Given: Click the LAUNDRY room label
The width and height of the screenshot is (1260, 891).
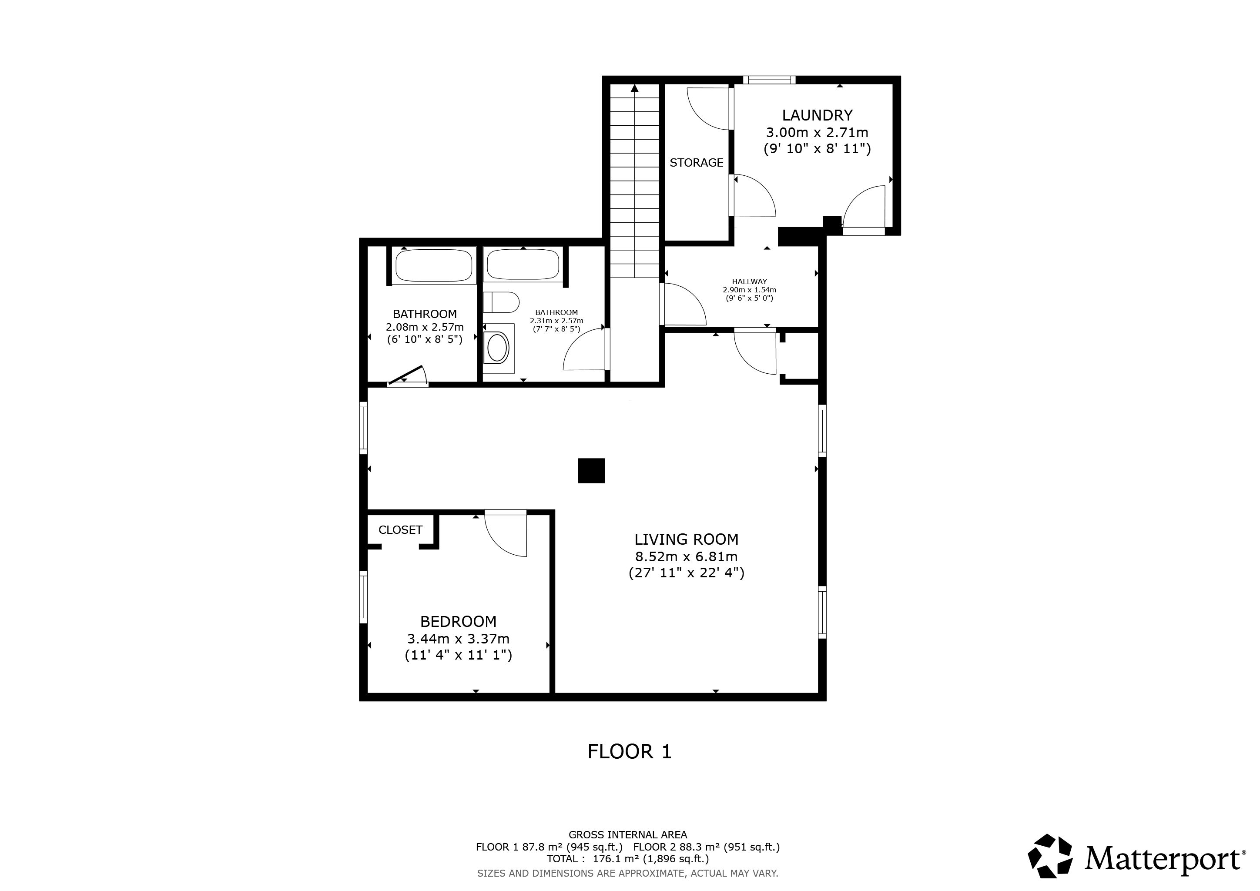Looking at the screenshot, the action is (817, 115).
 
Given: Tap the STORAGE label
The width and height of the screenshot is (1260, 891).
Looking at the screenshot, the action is (697, 162).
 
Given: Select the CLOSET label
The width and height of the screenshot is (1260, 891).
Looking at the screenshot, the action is (400, 529).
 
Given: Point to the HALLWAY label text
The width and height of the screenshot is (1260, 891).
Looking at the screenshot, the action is (749, 281).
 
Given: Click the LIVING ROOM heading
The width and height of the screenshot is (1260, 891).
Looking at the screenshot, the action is (687, 539).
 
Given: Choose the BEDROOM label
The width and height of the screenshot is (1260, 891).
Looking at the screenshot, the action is (458, 622).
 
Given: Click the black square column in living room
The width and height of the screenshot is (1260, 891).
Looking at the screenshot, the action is (591, 471).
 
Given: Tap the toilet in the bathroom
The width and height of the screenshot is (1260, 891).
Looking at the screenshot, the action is (502, 302).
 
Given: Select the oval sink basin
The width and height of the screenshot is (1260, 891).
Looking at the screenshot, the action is (498, 348).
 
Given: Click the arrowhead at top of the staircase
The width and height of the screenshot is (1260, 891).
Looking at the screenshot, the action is (635, 88).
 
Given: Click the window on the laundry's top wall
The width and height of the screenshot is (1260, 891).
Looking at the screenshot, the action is (769, 80).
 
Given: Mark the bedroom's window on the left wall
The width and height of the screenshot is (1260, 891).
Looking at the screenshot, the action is (363, 597).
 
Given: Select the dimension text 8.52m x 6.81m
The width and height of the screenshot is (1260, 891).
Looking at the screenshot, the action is (687, 556).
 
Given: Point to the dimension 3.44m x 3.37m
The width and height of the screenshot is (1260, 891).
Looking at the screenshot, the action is (458, 639).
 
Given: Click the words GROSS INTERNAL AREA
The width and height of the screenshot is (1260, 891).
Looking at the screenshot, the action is (628, 834).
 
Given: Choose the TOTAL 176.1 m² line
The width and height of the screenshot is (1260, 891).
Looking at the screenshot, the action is (628, 859).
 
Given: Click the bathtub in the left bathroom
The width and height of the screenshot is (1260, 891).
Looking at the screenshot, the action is (433, 265).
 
